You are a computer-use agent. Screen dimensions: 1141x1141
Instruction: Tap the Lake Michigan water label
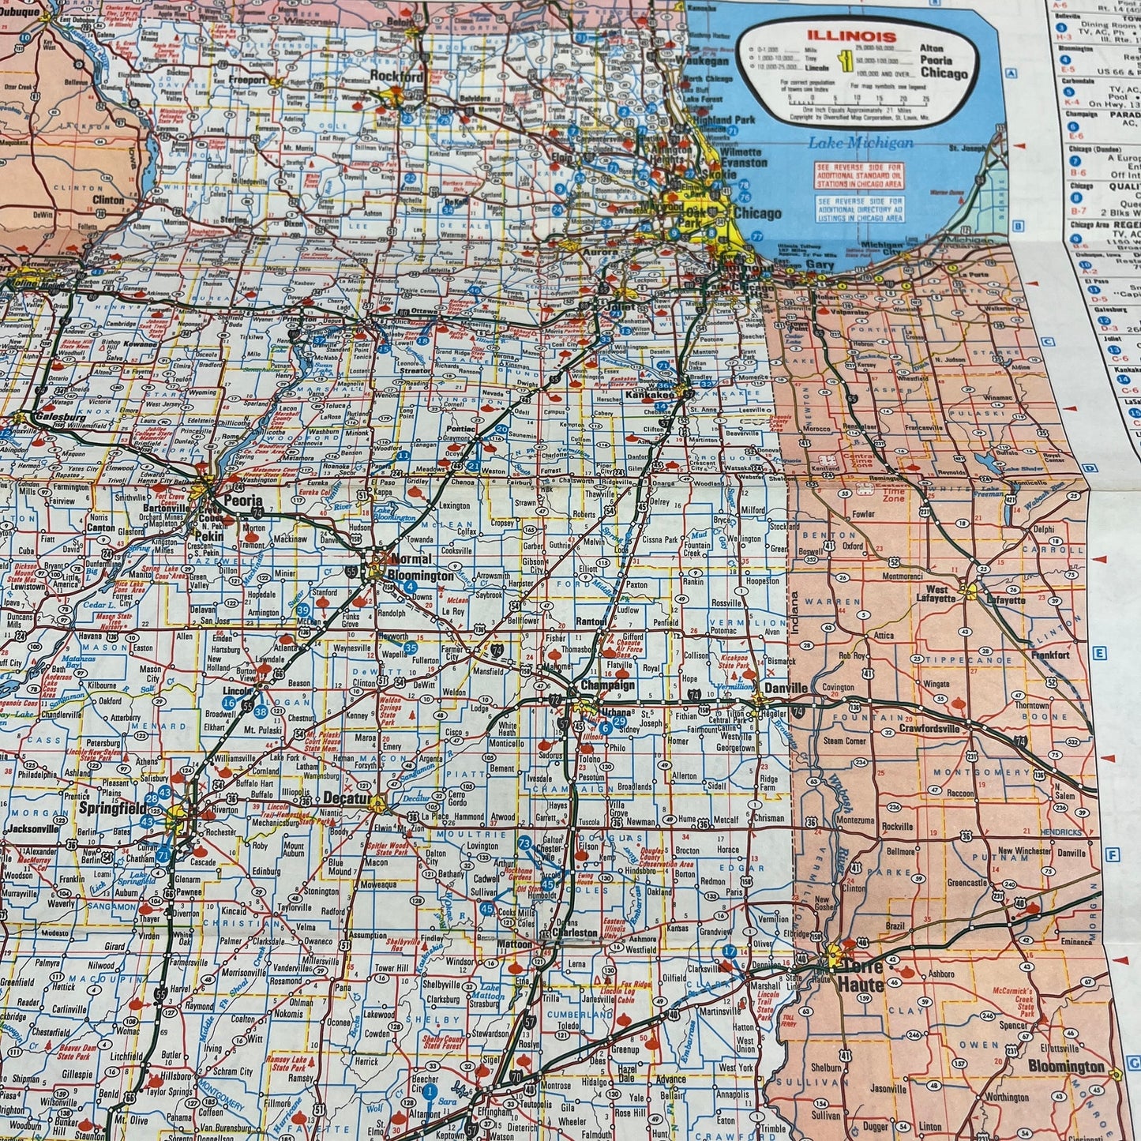(x=861, y=143)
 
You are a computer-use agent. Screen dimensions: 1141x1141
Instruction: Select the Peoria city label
(x=242, y=501)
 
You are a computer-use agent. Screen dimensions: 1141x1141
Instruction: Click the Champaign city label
(x=607, y=685)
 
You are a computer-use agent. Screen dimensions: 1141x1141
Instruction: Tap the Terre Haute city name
(x=860, y=976)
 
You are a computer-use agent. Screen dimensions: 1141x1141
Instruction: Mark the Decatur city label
(x=346, y=799)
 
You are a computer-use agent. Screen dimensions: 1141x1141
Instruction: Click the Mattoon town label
(x=515, y=944)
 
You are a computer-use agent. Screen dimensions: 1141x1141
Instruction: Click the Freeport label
(x=247, y=80)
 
